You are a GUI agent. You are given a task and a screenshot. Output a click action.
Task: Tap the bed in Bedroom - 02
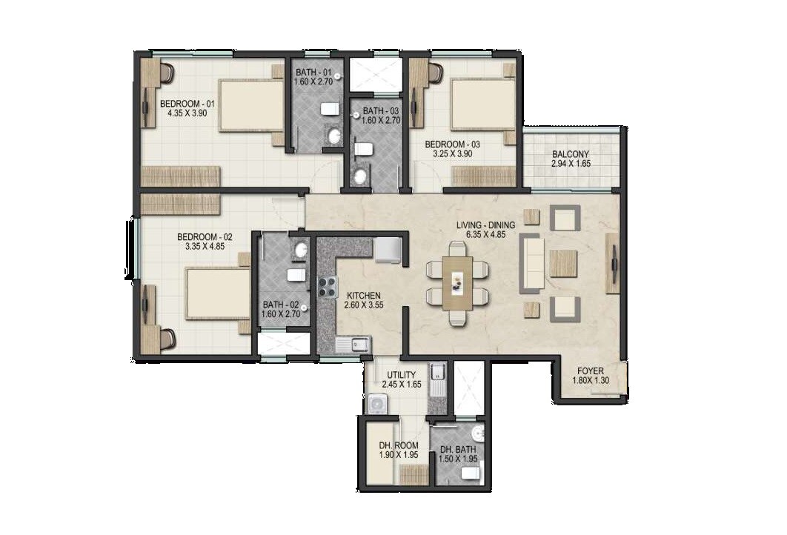pos(218,294)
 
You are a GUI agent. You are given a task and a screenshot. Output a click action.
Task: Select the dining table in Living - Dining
pos(457,282)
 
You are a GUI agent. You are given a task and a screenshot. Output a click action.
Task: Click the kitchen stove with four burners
pos(328,286)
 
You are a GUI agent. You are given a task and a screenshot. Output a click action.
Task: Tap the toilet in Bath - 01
pos(330,110)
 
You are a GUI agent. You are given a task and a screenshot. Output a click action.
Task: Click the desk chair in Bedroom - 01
pos(167,73)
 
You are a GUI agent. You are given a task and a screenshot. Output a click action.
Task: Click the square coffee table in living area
pos(563,263)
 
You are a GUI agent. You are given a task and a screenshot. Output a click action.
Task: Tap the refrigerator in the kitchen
pos(388,250)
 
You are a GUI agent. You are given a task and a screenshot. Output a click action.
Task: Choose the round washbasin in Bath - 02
pos(300,250)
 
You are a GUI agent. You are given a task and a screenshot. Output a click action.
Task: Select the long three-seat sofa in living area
pos(531,263)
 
